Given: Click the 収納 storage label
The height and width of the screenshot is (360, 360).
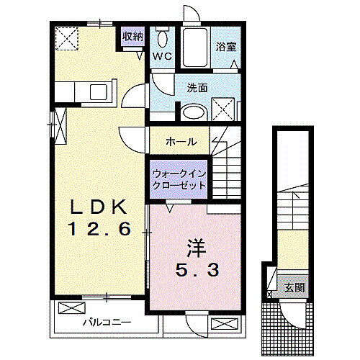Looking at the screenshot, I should [132, 36].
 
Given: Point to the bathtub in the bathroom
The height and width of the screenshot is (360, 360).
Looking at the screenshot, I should [194, 47].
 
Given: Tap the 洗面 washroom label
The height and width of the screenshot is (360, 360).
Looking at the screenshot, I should [197, 89].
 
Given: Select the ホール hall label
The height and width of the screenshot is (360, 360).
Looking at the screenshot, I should [180, 142].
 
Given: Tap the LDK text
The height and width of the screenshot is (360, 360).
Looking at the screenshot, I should [99, 208].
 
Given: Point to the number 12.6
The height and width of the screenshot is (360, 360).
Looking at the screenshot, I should [99, 230].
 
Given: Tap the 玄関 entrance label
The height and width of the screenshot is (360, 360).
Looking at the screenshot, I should [294, 288].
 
